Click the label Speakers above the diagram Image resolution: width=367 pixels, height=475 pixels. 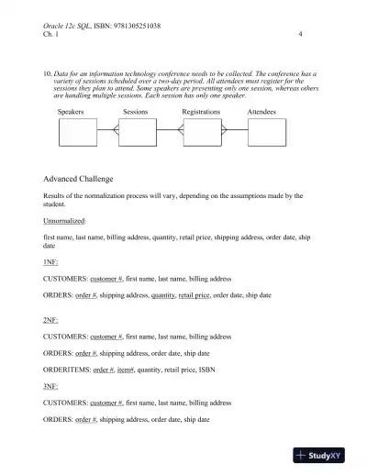tap(71, 111)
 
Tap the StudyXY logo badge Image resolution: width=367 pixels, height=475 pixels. tap(324, 455)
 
